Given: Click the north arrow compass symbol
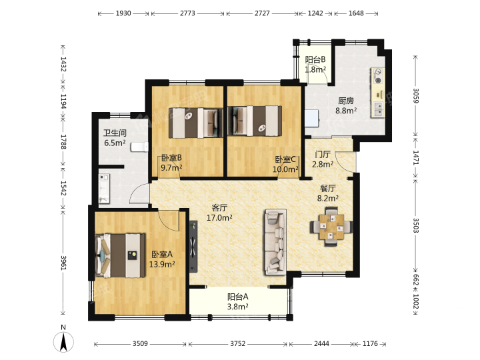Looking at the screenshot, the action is pos(63,341).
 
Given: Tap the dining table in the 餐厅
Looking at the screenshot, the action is pos(331,227).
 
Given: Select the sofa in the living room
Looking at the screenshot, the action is pos(275,242).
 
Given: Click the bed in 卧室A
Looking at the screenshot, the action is pos(120,255).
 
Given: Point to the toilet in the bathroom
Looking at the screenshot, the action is pos(139,147).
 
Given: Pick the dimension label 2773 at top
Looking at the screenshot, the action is pos(187,13).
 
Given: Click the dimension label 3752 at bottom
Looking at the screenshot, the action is pos(237,344).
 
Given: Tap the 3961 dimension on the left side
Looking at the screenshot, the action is pos(63,263).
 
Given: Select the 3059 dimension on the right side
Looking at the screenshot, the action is pos(416,95).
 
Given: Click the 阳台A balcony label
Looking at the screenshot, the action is pos(237,297).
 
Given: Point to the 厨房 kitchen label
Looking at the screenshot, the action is pos(346,101).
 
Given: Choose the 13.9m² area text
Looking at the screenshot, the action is pos(162,264).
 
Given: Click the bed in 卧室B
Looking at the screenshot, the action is pos(195,123).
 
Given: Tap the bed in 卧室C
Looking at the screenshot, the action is pos(255,121).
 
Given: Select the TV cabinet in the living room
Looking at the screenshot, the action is pos(193,247).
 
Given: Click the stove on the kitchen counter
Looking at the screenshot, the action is pos(379,76).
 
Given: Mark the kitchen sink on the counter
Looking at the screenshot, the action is pos(379,109).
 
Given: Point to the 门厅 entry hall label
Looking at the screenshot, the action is pos(323,154).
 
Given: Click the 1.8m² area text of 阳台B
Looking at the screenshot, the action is pos(315,69).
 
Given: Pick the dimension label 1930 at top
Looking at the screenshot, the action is pos(123,13).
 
